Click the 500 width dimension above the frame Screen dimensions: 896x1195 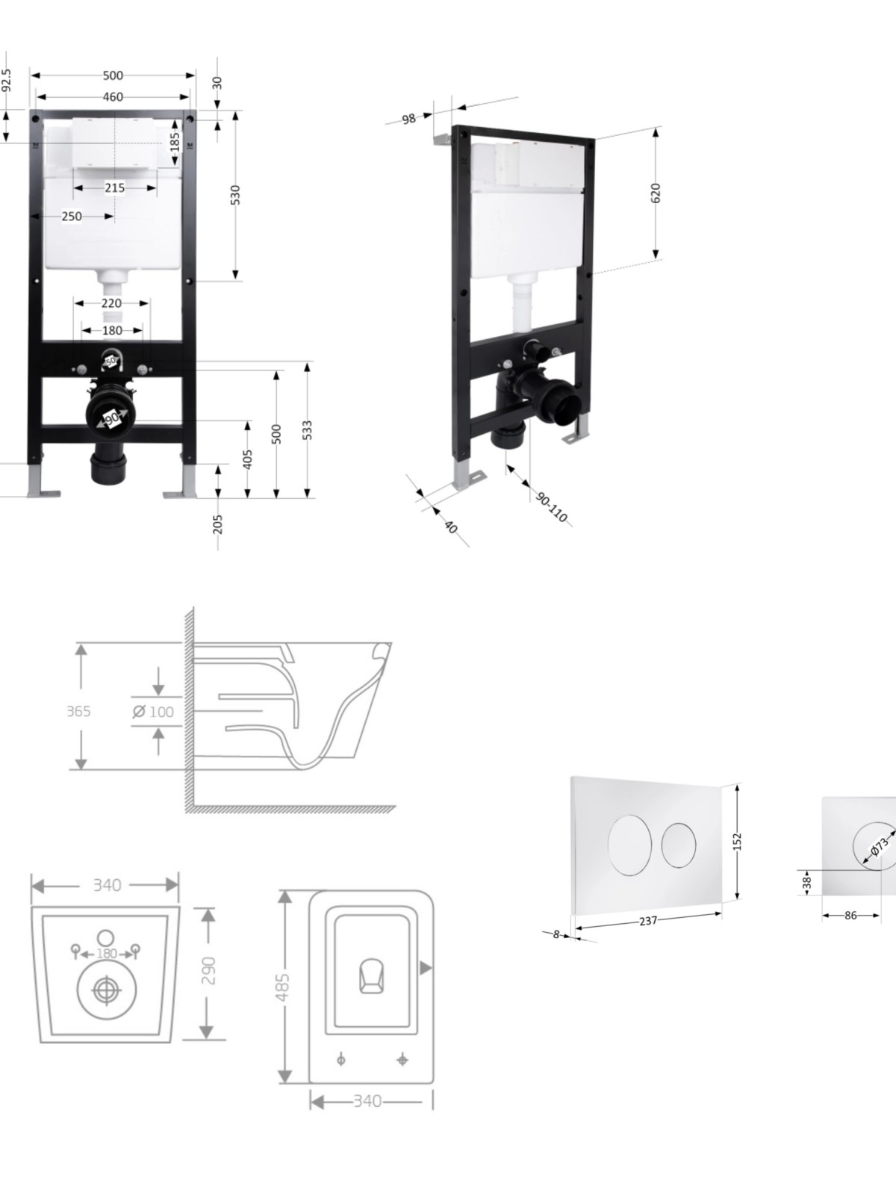coord(113,75)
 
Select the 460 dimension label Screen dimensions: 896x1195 coord(113,97)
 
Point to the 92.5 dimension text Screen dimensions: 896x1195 coord(7,81)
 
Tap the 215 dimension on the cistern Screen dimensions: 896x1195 coord(115,187)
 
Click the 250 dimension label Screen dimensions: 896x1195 coord(72,216)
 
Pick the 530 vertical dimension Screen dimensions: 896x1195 coord(235,194)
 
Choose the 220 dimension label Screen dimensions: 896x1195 coord(111,302)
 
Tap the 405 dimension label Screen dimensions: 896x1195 coord(248,459)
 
